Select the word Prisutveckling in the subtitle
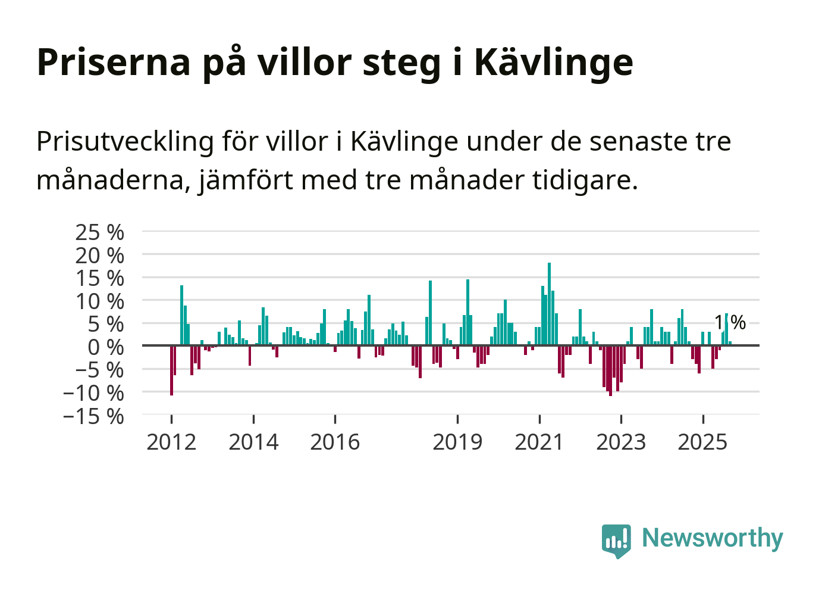[x=125, y=142]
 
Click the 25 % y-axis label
[x=99, y=232]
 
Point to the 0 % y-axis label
[x=106, y=347]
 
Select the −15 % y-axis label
[x=93, y=416]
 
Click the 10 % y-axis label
[x=99, y=301]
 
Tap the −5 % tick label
[x=99, y=370]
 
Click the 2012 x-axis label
[x=171, y=443]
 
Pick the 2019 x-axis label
[x=457, y=443]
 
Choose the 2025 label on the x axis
[x=702, y=443]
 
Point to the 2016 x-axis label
[x=335, y=443]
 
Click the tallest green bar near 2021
[x=549, y=304]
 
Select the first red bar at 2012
[x=171, y=370]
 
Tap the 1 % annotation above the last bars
[x=730, y=322]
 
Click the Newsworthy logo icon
[x=616, y=540]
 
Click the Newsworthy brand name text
[x=712, y=538]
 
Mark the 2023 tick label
[x=621, y=443]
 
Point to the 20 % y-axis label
[x=99, y=256]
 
